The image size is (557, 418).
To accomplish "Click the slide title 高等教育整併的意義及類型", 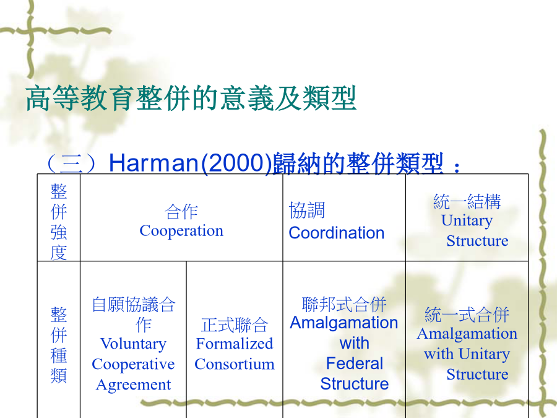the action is click(191, 98).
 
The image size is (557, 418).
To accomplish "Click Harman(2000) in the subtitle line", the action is click(190, 163).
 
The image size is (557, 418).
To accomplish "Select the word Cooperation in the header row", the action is click(181, 231).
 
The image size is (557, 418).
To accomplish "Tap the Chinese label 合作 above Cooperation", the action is click(181, 212).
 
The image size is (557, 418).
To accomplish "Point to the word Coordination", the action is click(337, 233).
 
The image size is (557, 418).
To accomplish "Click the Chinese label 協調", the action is click(307, 210).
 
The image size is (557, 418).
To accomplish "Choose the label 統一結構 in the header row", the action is click(467, 201).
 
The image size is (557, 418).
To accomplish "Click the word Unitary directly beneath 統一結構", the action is click(467, 220).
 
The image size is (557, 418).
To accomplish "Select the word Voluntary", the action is click(133, 344).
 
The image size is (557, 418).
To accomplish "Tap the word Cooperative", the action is click(133, 365).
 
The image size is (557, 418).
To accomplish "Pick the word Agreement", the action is click(133, 385).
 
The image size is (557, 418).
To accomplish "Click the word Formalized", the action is click(235, 344).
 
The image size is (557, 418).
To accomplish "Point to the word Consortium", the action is click(235, 364).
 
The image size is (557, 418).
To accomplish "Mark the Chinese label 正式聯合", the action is click(235, 325).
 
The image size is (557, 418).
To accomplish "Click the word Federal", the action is click(355, 364).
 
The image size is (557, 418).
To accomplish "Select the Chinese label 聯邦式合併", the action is click(344, 304).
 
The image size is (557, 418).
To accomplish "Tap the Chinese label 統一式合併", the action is click(467, 315).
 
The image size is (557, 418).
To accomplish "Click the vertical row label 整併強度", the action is click(59, 222).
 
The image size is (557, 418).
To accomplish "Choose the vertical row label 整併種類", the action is click(59, 345).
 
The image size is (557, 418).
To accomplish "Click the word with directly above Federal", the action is click(355, 343).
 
